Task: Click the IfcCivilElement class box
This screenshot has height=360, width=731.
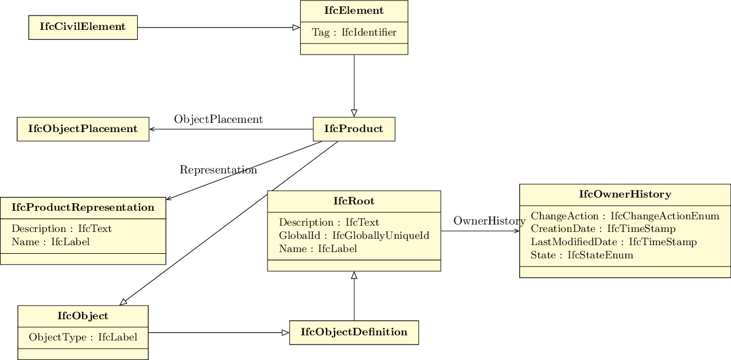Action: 83,27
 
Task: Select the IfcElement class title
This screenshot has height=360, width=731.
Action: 354,11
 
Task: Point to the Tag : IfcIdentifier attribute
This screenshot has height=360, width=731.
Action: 354,32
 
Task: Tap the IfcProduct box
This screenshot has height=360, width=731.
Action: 353,129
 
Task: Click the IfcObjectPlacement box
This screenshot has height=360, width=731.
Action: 83,129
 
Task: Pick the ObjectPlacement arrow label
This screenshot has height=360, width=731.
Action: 218,119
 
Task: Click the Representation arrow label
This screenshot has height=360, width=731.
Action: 218,170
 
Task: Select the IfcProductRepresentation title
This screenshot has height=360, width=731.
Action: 83,207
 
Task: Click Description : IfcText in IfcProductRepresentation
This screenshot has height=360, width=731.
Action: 61,229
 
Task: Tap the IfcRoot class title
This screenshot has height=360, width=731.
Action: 354,201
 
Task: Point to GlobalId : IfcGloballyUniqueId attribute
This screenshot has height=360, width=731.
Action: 354,235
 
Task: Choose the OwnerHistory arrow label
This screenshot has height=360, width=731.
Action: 489,221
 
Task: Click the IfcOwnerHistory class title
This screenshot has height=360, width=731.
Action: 625,194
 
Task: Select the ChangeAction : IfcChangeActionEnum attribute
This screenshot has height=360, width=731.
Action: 625,216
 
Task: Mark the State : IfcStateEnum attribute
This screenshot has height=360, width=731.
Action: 582,255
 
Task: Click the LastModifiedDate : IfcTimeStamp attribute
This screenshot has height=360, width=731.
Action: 613,242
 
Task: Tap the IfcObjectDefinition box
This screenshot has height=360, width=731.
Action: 354,332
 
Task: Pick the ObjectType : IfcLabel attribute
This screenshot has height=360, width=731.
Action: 83,337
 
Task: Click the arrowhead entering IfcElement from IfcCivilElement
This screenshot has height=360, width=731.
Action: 296,28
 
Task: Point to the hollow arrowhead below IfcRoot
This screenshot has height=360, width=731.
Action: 354,276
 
